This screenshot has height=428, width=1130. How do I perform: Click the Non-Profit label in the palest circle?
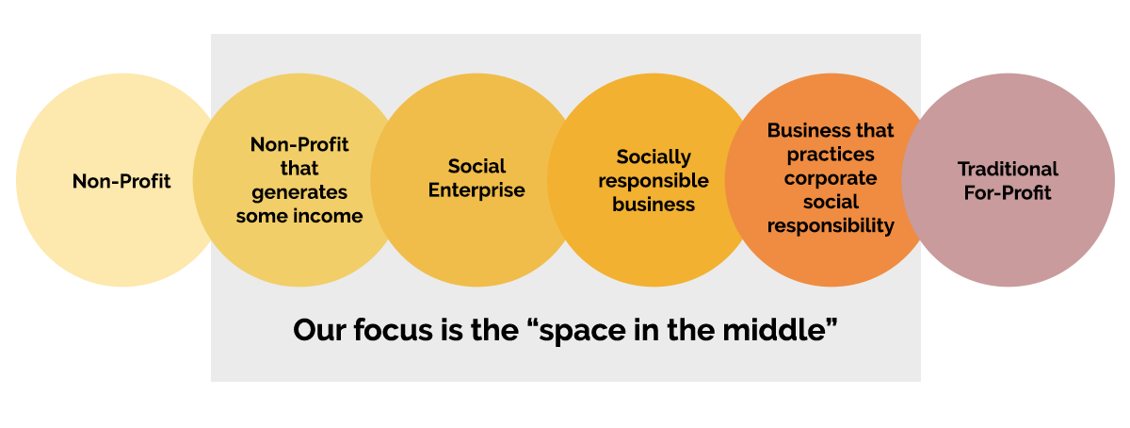point(121,181)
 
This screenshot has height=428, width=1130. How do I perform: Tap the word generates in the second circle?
point(299,193)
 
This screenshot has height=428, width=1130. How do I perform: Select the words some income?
point(299,216)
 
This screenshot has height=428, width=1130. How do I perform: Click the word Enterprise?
point(476,190)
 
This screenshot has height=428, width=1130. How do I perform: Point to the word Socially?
point(654,157)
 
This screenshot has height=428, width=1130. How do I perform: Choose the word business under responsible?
point(654,205)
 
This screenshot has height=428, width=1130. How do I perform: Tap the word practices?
point(831,155)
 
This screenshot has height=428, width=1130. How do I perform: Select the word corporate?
point(831,178)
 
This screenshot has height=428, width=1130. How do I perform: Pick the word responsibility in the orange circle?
point(831,226)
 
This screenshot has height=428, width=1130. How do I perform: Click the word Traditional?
point(1008,169)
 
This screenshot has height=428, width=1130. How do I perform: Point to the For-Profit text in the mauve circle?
point(1008,192)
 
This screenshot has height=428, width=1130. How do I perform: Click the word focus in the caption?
point(393,330)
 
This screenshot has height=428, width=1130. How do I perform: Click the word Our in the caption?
point(319,330)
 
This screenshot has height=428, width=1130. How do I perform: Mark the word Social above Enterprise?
point(476,166)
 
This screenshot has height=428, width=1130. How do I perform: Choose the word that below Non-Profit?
point(299,168)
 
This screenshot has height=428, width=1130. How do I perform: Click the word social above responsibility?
point(831,202)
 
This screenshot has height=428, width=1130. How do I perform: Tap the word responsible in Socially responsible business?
point(654,181)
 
